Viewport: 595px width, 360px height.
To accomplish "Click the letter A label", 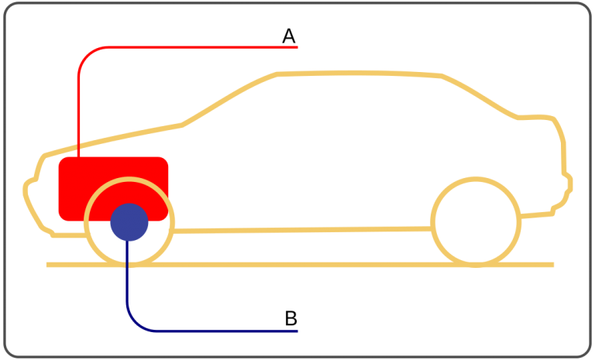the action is click(289, 36).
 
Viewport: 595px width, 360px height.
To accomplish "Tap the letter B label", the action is click(291, 318).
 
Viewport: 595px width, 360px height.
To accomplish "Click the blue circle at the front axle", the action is click(129, 222).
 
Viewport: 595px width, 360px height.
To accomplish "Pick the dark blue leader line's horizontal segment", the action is click(227, 331).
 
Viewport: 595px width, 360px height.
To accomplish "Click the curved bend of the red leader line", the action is click(87, 56).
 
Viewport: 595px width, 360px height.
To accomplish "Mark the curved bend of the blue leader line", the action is click(135, 322).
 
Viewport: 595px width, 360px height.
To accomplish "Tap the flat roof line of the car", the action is click(359, 73).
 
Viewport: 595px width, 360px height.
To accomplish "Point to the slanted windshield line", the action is click(229, 98).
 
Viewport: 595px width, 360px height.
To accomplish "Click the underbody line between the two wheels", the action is click(302, 229).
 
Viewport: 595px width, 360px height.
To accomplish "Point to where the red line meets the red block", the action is click(78, 157).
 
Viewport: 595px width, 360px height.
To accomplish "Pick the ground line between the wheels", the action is click(302, 265).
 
